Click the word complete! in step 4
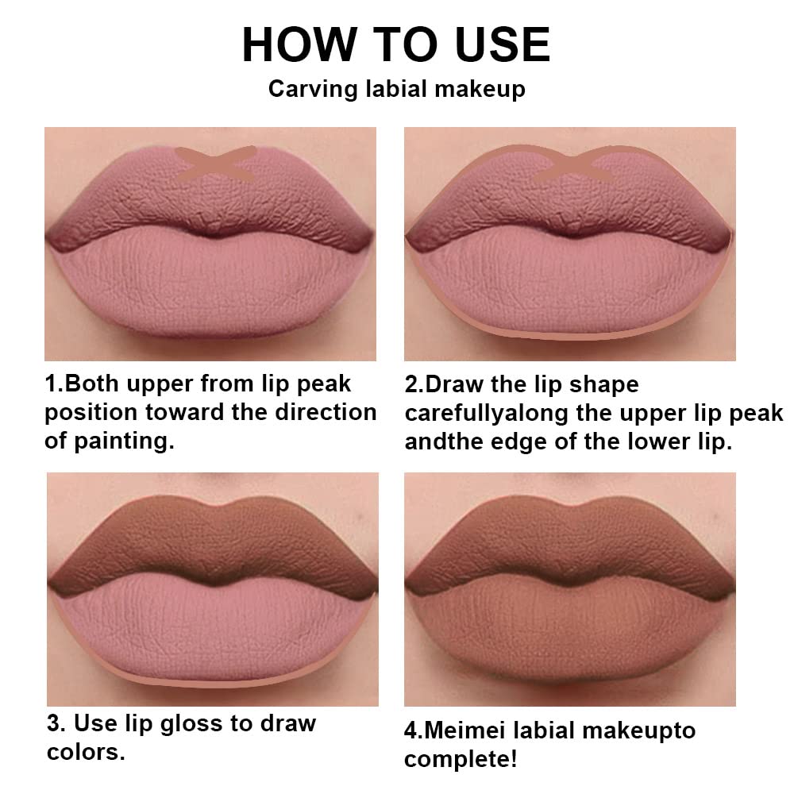461,758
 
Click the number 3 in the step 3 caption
54,723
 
